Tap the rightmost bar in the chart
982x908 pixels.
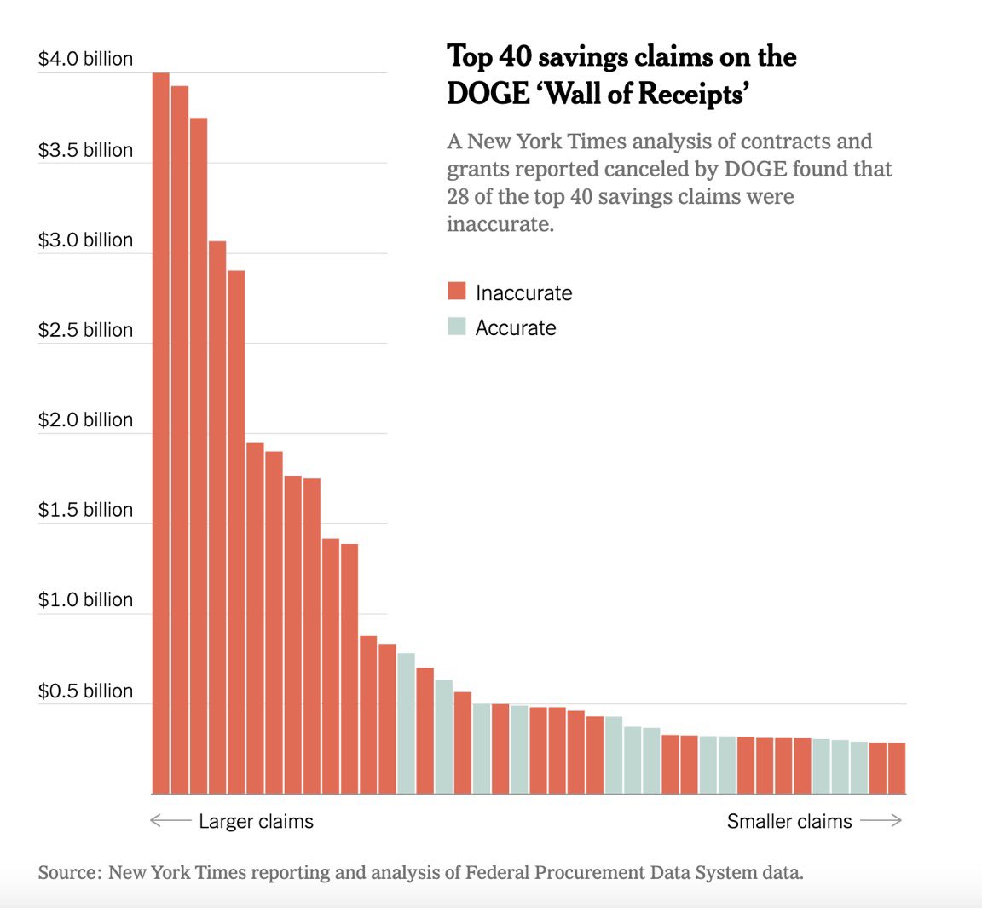pyautogui.click(x=896, y=767)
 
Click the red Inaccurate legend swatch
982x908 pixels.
pyautogui.click(x=457, y=292)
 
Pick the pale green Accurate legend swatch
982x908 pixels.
pyautogui.click(x=457, y=327)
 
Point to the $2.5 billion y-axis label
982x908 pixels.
pyautogui.click(x=85, y=330)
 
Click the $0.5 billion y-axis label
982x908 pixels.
pyautogui.click(x=85, y=691)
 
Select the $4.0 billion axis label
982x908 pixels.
pyautogui.click(x=85, y=59)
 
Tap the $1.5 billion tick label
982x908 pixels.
pyautogui.click(x=85, y=510)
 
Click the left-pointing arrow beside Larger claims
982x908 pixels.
pyautogui.click(x=170, y=821)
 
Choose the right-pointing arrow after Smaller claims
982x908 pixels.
pyautogui.click(x=881, y=821)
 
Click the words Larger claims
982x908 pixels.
pyautogui.click(x=256, y=821)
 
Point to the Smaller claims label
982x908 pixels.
pyautogui.click(x=788, y=821)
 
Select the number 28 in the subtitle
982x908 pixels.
pyautogui.click(x=458, y=196)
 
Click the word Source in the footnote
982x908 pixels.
pyautogui.click(x=70, y=872)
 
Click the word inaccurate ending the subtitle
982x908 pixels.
pyautogui.click(x=500, y=224)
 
